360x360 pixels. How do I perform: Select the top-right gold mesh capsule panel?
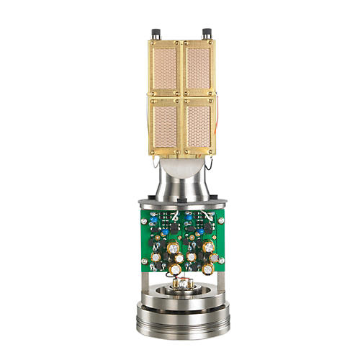tap(197, 66)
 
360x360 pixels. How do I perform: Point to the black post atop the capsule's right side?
tap(207, 34)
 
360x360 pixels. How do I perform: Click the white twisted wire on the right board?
tap(210, 217)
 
